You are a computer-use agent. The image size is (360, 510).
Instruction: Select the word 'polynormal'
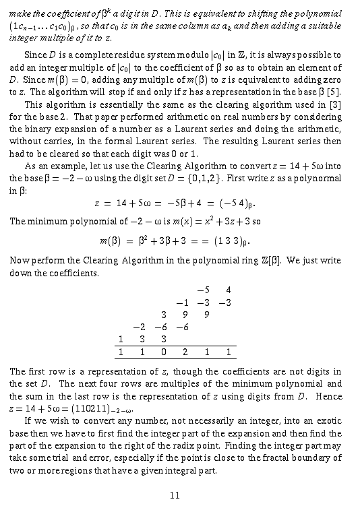pyautogui.click(x=319, y=178)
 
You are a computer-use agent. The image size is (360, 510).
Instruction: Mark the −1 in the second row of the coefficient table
pyautogui.click(x=181, y=302)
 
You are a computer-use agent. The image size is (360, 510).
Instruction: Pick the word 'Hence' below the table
pyautogui.click(x=328, y=396)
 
